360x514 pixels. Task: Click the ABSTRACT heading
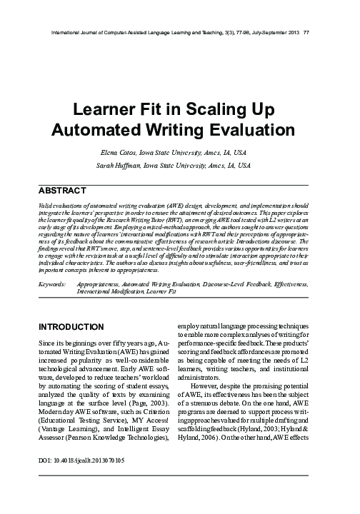[62, 190]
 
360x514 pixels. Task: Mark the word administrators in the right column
[212, 387]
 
